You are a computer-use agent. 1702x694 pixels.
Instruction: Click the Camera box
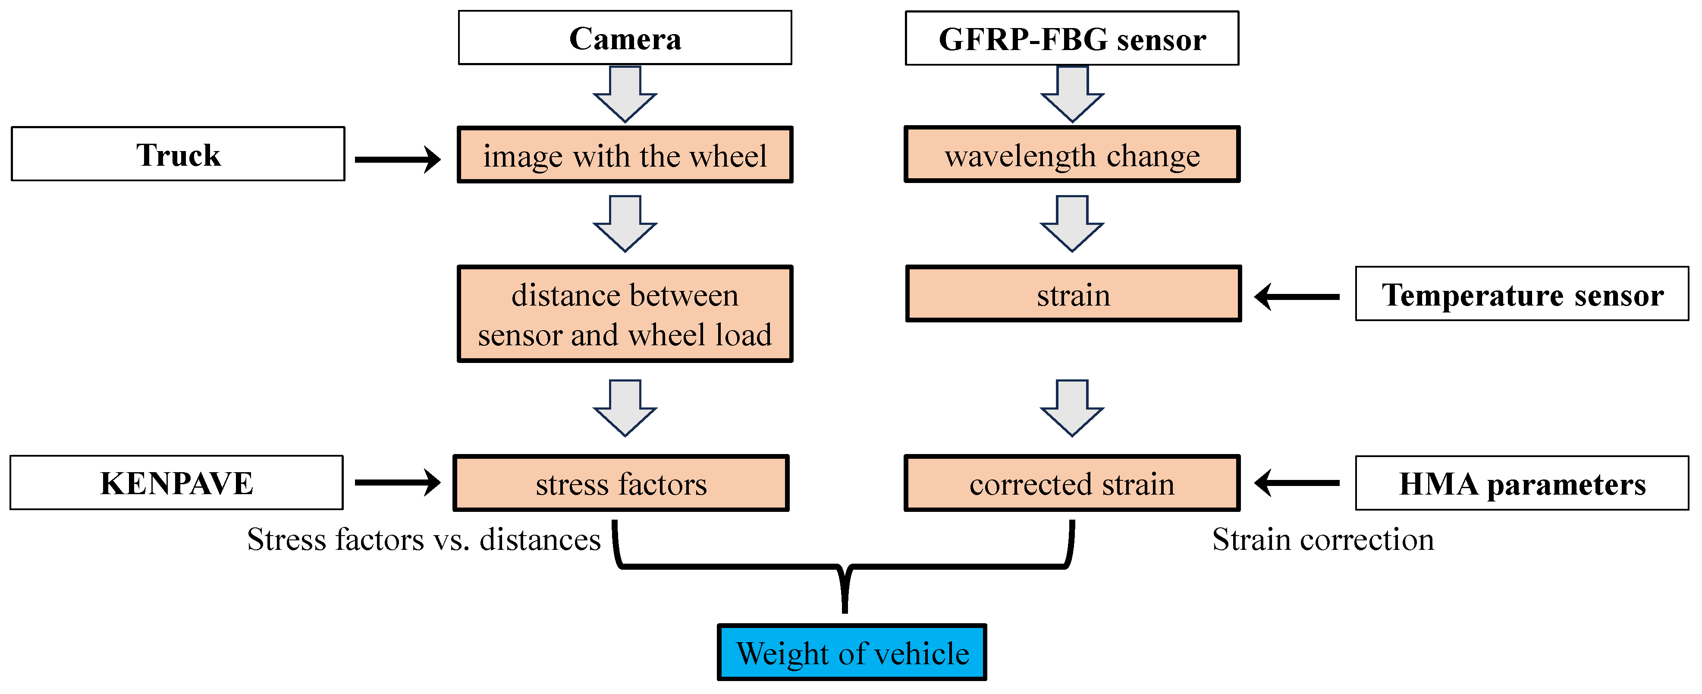click(625, 38)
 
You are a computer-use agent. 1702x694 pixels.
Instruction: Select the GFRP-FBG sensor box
click(1072, 38)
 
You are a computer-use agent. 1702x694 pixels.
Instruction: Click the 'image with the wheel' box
click(625, 155)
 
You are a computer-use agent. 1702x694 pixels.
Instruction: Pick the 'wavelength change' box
click(1072, 155)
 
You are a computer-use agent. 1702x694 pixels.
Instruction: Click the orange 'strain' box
click(1073, 294)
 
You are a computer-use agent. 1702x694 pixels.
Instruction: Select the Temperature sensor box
click(1522, 294)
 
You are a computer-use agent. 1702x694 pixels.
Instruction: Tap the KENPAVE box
click(176, 483)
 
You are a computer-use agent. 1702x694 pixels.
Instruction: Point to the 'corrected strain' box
click(1072, 483)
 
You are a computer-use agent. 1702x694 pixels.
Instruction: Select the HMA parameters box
click(1522, 483)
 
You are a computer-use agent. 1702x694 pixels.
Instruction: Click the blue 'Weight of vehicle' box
click(852, 653)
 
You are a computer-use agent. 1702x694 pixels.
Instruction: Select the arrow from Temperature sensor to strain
click(1296, 297)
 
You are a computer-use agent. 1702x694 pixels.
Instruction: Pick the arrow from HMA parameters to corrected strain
click(1296, 483)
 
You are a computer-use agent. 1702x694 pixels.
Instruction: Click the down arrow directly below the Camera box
click(625, 94)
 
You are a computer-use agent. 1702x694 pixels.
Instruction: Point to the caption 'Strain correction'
click(1323, 539)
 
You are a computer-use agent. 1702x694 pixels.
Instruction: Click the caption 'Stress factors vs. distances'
click(424, 539)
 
